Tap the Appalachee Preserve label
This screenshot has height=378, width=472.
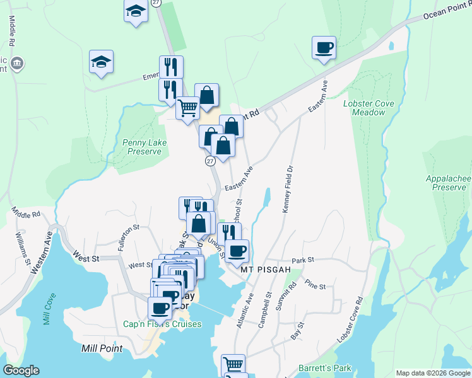[x=448, y=183]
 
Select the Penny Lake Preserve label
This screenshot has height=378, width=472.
[x=145, y=147]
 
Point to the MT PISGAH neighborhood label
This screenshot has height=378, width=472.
[x=266, y=270]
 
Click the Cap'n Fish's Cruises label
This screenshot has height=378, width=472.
[x=162, y=324]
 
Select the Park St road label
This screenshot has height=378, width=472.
[x=303, y=260]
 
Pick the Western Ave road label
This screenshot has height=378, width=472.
[x=40, y=249]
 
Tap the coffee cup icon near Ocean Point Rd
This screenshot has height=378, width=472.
[x=324, y=48]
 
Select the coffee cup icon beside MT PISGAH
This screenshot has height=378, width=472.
[x=237, y=251]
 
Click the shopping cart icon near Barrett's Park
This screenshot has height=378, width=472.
[x=233, y=364]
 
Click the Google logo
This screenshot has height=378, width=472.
[x=21, y=370]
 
